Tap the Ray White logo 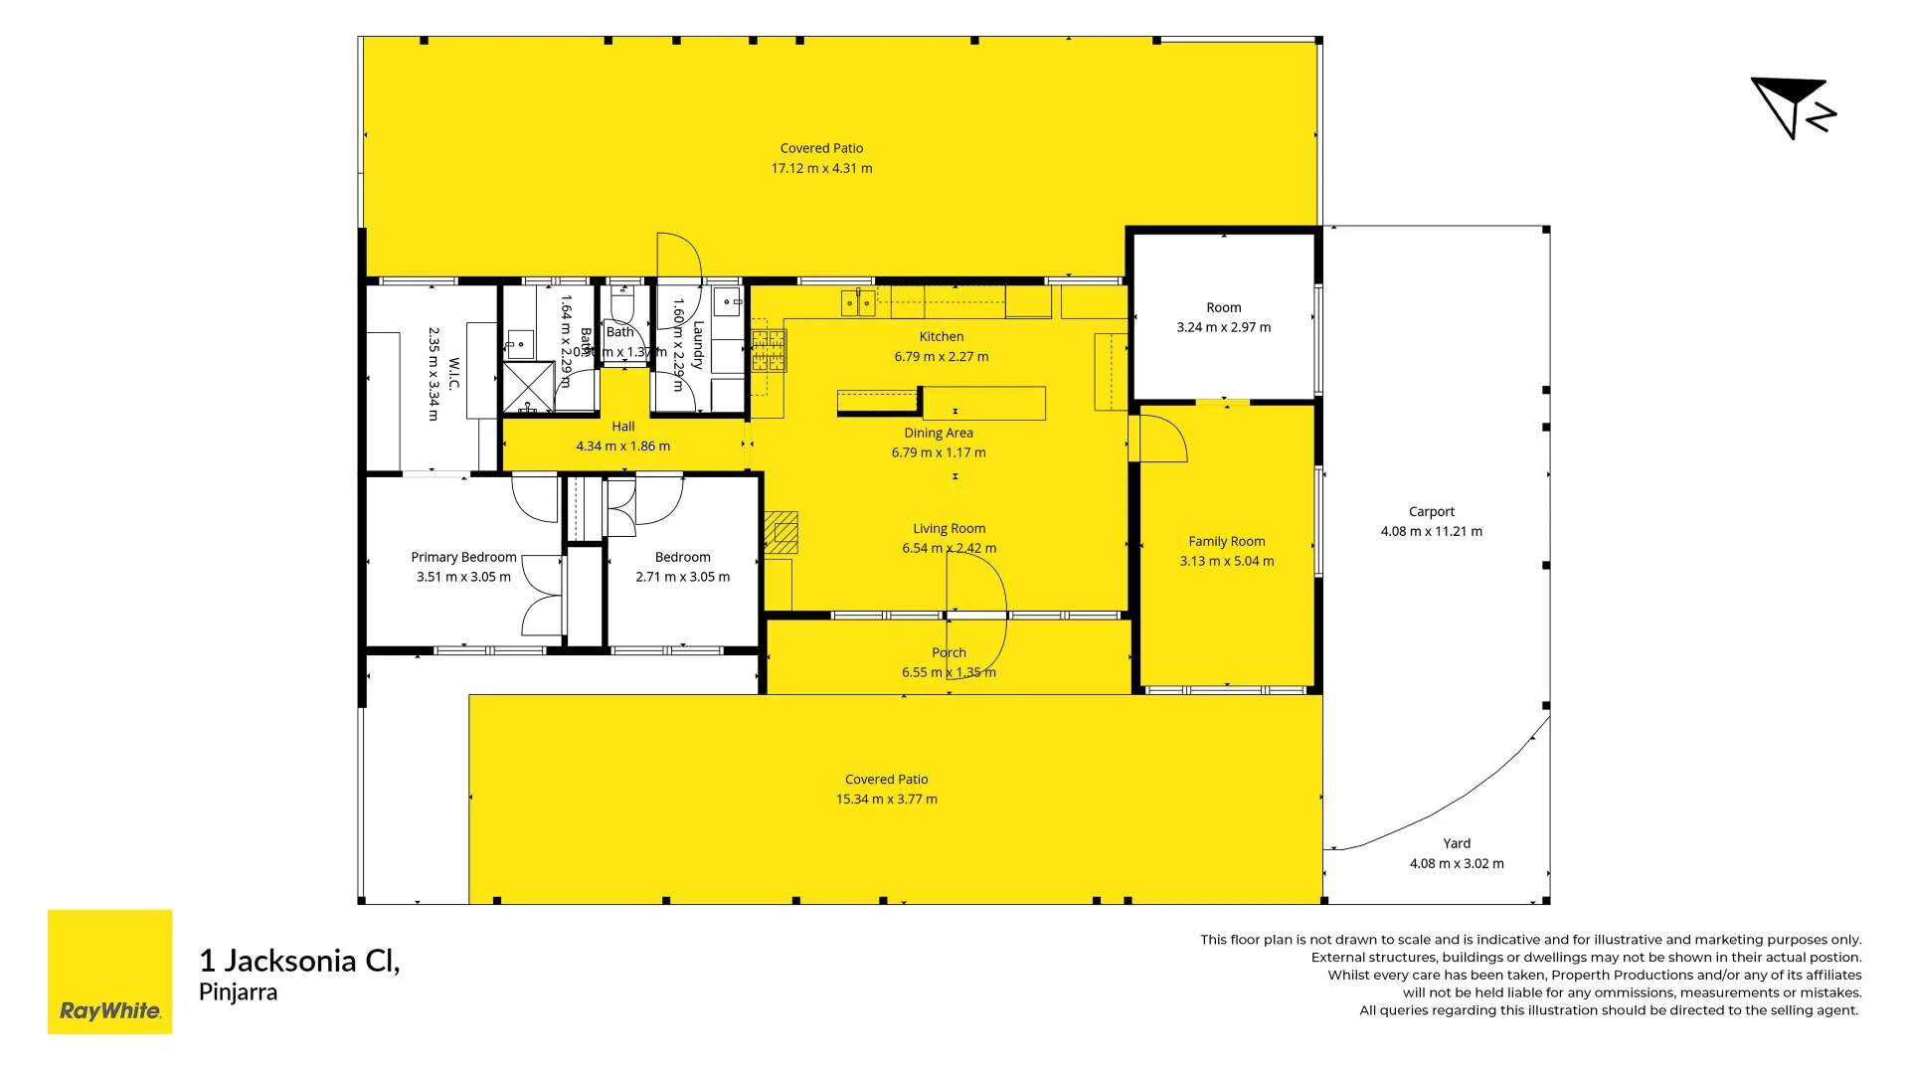(x=109, y=972)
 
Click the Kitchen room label (x=941, y=337)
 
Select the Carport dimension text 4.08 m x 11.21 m (x=1431, y=532)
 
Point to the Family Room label (x=1226, y=542)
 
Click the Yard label (x=1457, y=843)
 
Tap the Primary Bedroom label (x=463, y=558)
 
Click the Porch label (x=949, y=653)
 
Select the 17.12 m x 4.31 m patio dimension (x=821, y=169)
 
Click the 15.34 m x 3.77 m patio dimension (x=886, y=800)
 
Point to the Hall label (x=623, y=427)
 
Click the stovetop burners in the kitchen (x=769, y=351)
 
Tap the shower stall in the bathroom (x=527, y=388)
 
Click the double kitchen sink (x=858, y=302)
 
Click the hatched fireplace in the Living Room (x=781, y=533)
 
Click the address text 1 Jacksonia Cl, (x=299, y=961)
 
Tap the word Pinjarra (x=239, y=992)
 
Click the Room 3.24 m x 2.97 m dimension (x=1223, y=328)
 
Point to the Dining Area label (x=938, y=434)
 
